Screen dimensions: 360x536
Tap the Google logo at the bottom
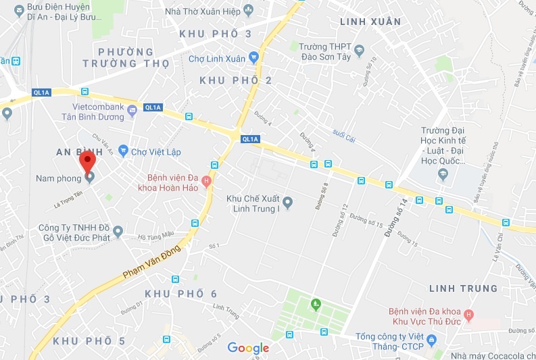coord(248,348)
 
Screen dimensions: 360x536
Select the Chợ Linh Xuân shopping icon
coord(253,57)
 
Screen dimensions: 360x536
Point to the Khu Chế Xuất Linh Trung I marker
coord(287,201)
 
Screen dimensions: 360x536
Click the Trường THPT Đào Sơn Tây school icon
coord(359,49)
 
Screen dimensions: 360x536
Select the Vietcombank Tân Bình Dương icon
coord(132,112)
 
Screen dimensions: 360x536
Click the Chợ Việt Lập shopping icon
coord(123,149)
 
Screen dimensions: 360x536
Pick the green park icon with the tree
coord(315,305)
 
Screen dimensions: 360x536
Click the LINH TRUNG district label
coord(463,288)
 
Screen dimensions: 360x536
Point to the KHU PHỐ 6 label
coord(181,294)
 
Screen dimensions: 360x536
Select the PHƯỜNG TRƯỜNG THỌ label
coord(126,58)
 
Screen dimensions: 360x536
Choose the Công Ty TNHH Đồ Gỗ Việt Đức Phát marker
coord(118,232)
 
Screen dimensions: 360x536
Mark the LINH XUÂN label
coord(370,22)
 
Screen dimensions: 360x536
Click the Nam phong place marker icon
coord(89,178)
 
